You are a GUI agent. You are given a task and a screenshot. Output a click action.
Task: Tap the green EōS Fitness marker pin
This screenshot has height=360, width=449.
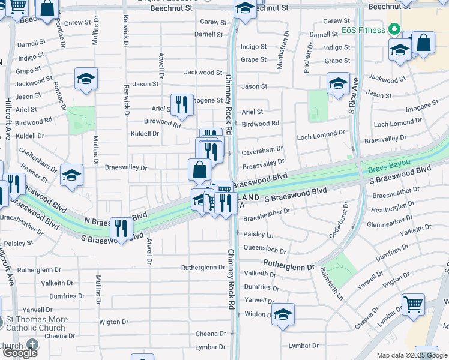pos(394,29)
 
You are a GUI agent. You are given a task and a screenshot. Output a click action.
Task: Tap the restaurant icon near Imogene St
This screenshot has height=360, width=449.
pos(182,105)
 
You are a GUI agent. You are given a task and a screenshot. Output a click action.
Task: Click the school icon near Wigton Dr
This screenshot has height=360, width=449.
pos(283,314)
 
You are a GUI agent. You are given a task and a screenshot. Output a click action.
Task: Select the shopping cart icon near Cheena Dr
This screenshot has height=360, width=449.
pos(414,305)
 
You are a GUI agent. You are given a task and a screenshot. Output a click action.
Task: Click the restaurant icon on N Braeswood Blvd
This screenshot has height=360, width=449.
pos(122,228)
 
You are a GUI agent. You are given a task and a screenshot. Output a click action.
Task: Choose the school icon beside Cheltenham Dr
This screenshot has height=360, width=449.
pos(71,175)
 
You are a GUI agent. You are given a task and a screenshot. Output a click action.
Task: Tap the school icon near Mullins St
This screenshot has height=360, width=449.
pos(86,79)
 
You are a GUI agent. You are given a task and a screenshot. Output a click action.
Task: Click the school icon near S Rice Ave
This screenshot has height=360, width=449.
pos(338,83)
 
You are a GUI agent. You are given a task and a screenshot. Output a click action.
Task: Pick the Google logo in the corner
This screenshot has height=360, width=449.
pos(20,352)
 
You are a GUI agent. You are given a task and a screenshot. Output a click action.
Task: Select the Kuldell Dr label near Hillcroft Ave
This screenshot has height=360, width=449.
pos(31,136)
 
